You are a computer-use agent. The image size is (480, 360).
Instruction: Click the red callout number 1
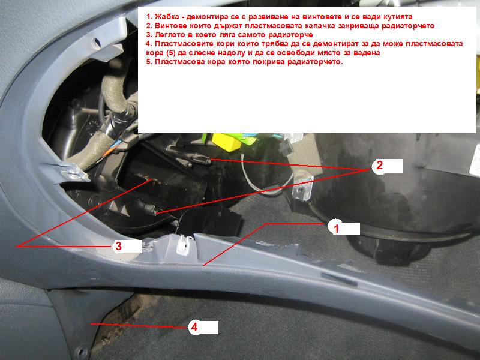336,229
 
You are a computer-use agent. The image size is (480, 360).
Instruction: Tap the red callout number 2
379,166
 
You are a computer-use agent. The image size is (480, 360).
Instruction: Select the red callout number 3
118,246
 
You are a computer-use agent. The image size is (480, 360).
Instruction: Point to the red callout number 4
194,328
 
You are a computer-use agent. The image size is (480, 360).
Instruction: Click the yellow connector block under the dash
227,140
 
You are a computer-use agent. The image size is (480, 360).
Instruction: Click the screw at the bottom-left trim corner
82,352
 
